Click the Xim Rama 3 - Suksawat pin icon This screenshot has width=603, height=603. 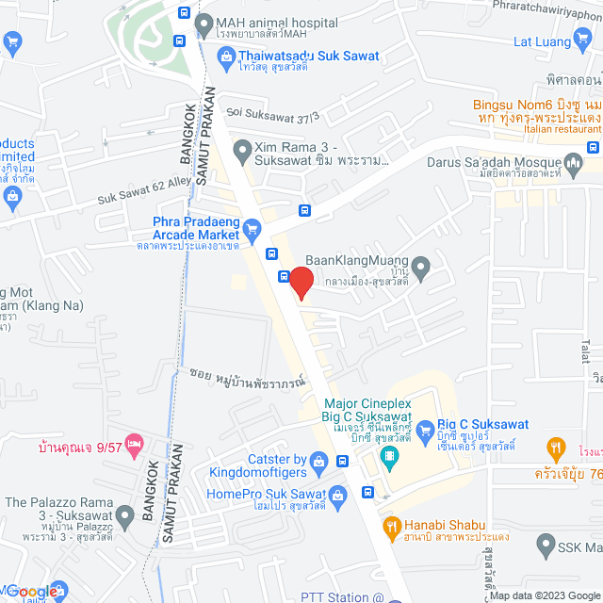(x=242, y=149)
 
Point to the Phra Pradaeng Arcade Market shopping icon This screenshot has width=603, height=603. (x=252, y=228)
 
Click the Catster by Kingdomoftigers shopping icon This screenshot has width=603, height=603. (x=319, y=461)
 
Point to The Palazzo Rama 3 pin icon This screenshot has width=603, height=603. (x=124, y=514)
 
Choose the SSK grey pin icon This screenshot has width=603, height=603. (x=545, y=545)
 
